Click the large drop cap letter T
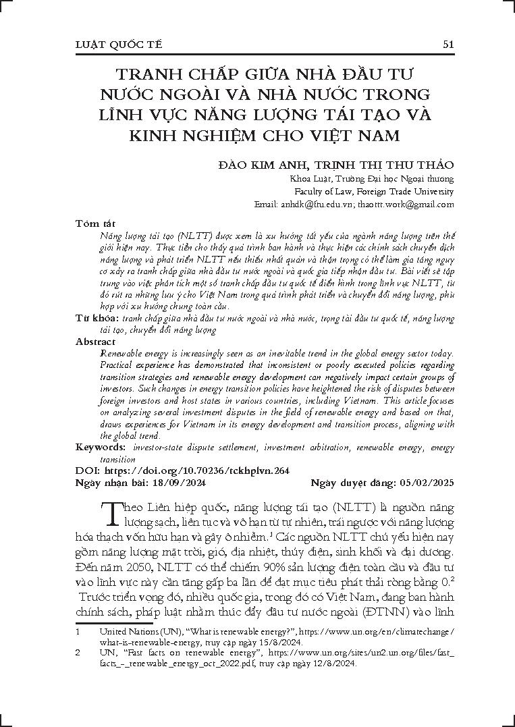[110, 514]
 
